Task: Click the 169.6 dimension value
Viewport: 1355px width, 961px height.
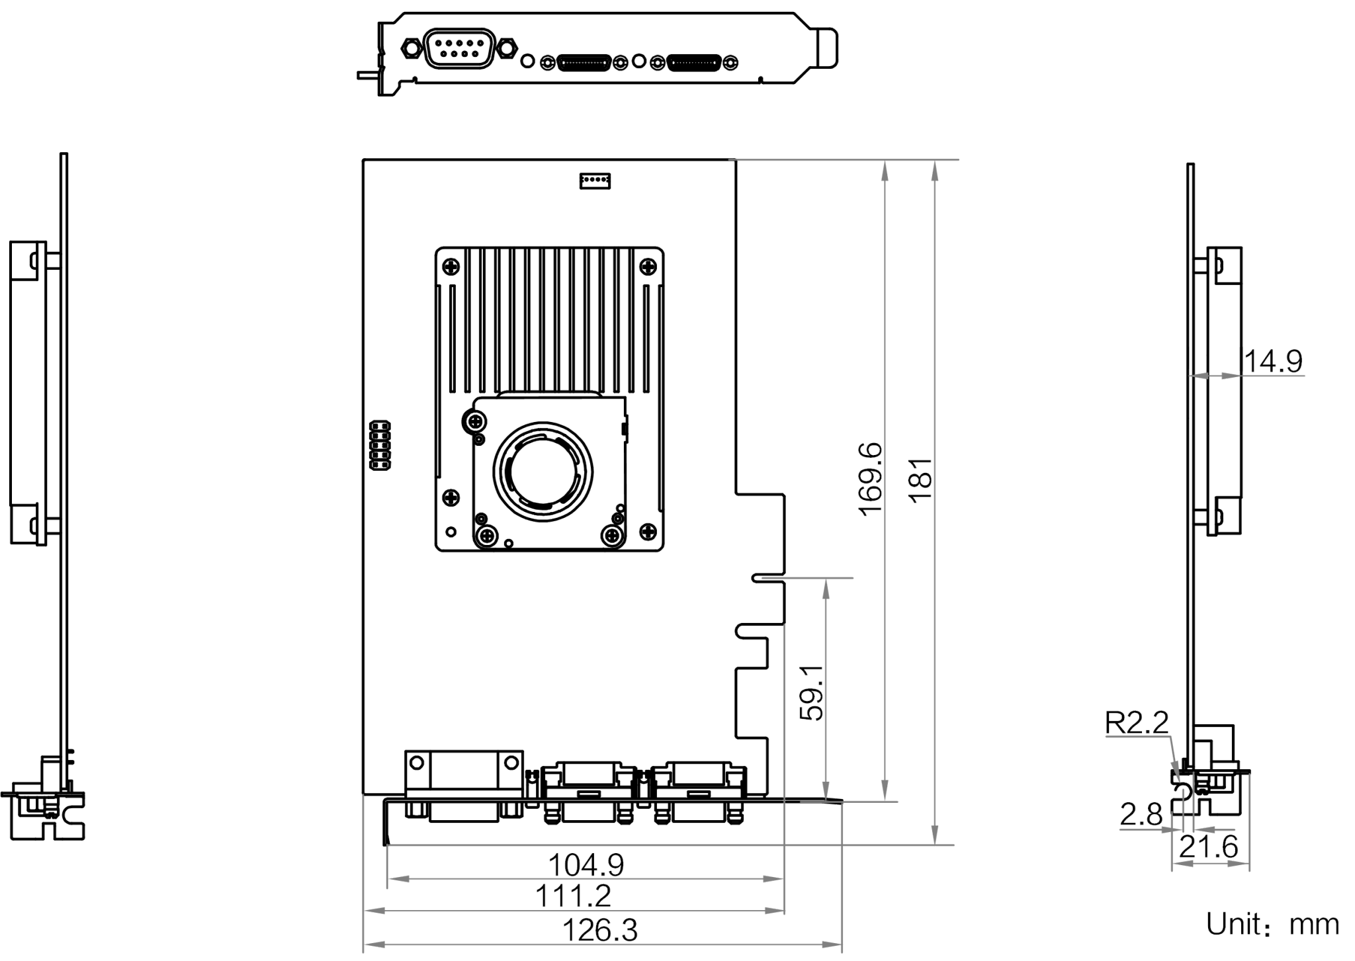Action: (x=871, y=478)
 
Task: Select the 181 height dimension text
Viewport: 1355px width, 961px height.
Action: (x=920, y=480)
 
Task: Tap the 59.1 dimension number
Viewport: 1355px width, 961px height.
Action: (x=812, y=692)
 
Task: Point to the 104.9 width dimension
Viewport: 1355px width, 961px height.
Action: (x=586, y=864)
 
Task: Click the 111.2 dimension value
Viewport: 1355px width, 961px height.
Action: (x=573, y=896)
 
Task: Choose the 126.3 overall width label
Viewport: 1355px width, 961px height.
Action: (x=599, y=931)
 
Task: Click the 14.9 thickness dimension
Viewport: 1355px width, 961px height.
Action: (x=1273, y=361)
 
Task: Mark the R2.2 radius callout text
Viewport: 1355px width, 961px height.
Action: (x=1137, y=723)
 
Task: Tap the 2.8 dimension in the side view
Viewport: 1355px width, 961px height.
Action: (x=1141, y=815)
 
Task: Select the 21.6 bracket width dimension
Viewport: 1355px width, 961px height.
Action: (x=1208, y=847)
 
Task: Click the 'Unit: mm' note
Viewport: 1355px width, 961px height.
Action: (x=1272, y=925)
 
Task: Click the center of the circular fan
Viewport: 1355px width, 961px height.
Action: (x=543, y=471)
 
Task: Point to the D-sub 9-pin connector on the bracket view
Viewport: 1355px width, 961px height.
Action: (x=459, y=48)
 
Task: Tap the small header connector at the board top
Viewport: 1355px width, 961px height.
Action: (x=595, y=181)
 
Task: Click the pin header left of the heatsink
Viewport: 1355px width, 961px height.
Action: (x=380, y=445)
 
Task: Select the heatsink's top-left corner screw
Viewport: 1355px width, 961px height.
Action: (x=451, y=267)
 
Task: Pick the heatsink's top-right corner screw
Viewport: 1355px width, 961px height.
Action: (x=648, y=267)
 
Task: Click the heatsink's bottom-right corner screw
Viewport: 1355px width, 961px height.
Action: (x=648, y=530)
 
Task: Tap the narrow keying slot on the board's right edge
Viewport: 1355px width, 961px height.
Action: (x=768, y=578)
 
